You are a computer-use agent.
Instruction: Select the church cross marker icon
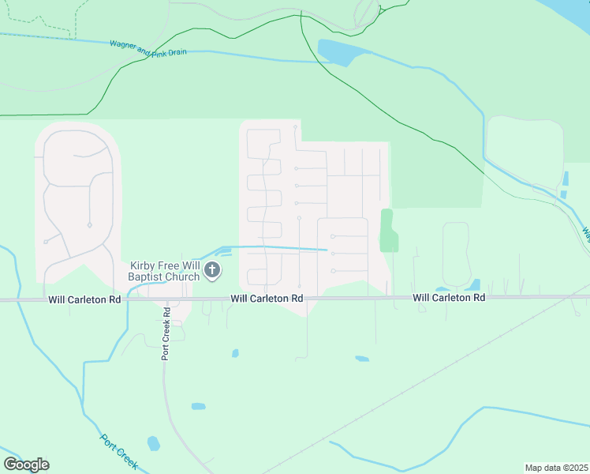pyautogui.click(x=211, y=271)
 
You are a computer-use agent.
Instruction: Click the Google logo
pyautogui.click(x=26, y=465)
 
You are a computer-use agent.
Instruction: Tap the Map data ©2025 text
pyautogui.click(x=557, y=468)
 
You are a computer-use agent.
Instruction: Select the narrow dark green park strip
pyautogui.click(x=387, y=231)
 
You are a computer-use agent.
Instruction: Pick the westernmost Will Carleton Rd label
pyautogui.click(x=84, y=299)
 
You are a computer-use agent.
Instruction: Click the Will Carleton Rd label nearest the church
pyautogui.click(x=267, y=299)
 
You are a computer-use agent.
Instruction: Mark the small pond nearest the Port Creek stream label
pyautogui.click(x=154, y=443)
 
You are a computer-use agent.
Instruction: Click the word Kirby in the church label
pyautogui.click(x=145, y=266)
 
